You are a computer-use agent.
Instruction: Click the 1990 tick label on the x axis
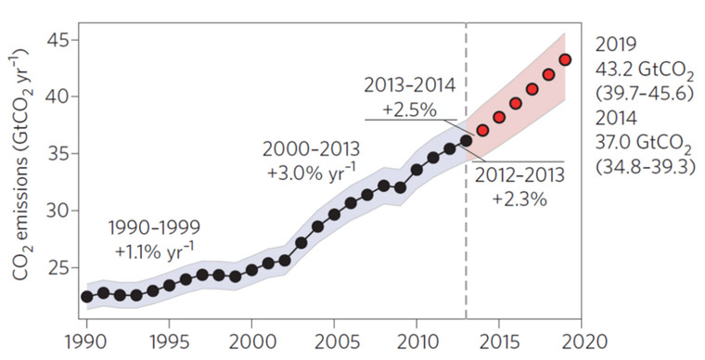point(85,341)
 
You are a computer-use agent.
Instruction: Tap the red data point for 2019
point(565,60)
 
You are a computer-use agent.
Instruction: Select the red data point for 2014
point(482,131)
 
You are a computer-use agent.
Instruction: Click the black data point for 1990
point(86,296)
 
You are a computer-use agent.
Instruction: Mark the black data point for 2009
point(400,187)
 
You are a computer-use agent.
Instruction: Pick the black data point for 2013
point(466,140)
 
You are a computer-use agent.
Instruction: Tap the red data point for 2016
point(516,103)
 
